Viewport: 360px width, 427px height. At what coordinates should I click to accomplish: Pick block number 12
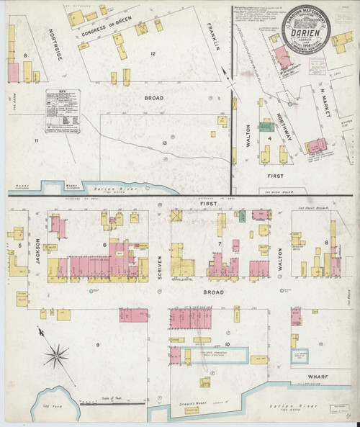[x=153, y=55]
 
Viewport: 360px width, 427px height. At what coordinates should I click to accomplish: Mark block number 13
[x=165, y=143]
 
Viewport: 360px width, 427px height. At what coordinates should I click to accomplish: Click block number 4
[x=270, y=139]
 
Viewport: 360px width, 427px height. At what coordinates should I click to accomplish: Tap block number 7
[x=219, y=246]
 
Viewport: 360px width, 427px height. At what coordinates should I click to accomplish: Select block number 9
[x=96, y=346]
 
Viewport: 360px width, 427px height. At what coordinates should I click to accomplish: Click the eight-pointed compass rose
[x=56, y=354]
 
